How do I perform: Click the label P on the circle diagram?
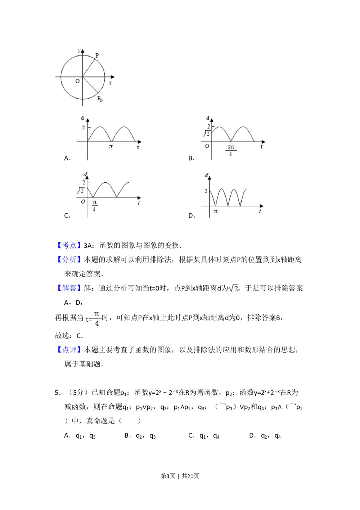[x=97, y=56]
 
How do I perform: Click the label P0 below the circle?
[x=100, y=98]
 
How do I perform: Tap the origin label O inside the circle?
[x=77, y=81]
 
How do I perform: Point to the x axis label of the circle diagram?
[x=110, y=83]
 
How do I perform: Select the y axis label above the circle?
[x=79, y=50]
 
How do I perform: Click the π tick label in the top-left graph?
[x=111, y=147]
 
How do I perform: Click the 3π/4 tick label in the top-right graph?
[x=230, y=151]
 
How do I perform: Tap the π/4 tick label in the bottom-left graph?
[x=95, y=206]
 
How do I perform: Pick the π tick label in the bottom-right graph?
[x=216, y=211]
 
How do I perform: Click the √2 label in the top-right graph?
[x=207, y=134]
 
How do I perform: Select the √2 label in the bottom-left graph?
[x=81, y=190]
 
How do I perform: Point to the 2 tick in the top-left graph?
[x=83, y=127]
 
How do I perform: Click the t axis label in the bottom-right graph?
[x=260, y=211]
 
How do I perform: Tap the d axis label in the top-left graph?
[x=82, y=118]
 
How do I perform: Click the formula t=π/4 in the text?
[x=94, y=318]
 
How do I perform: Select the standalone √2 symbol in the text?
[x=233, y=288]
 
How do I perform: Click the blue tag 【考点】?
[x=69, y=245]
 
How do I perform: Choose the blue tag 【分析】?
[x=69, y=260]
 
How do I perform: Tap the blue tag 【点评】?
[x=69, y=350]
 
